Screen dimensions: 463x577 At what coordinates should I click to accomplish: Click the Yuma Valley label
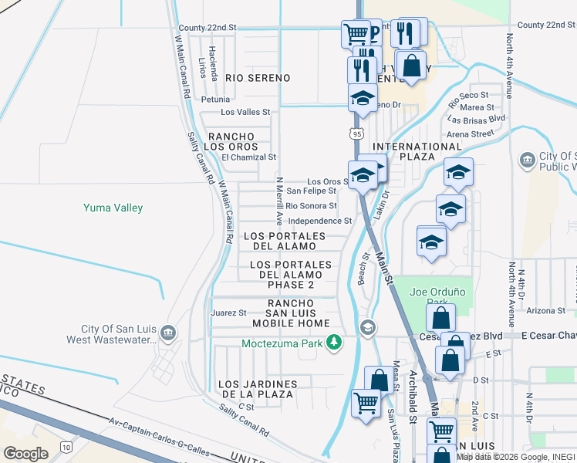113,208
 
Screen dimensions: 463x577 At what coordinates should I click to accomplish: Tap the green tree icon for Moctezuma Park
334,342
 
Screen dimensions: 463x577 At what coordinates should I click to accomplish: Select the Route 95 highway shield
355,134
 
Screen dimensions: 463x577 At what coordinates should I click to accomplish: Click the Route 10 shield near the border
66,446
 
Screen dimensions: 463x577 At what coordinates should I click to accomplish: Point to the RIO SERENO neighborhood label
258,78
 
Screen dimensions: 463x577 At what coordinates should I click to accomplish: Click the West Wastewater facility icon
169,333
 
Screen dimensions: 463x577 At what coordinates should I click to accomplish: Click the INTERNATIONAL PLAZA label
417,152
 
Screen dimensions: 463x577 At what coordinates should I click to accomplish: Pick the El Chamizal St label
248,157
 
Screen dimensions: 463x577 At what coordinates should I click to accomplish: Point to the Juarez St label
228,313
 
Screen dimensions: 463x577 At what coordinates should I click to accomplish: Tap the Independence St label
319,221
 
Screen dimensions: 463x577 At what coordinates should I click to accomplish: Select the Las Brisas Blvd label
476,119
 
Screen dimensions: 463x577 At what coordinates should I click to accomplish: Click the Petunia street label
215,100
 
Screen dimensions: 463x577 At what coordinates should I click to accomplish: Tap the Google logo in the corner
25,454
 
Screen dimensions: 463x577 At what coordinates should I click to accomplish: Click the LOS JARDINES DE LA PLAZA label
257,389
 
